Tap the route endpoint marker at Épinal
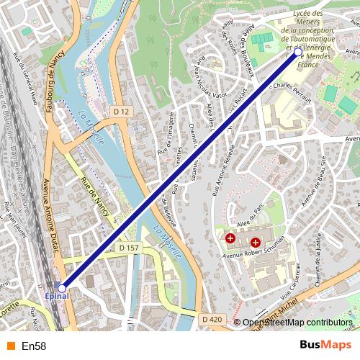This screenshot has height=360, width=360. [x=62, y=288]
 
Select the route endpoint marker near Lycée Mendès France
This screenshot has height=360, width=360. [x=298, y=52]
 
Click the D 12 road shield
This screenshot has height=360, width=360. [x=121, y=111]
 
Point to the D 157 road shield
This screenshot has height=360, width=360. [x=129, y=247]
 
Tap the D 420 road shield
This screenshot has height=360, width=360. [x=212, y=319]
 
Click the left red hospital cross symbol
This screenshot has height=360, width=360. [x=230, y=237]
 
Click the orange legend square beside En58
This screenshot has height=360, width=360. [x=10, y=346]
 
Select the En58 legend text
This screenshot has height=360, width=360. [x=34, y=346]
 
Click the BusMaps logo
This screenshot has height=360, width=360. [x=325, y=346]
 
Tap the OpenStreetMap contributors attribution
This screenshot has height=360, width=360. [x=297, y=323]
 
